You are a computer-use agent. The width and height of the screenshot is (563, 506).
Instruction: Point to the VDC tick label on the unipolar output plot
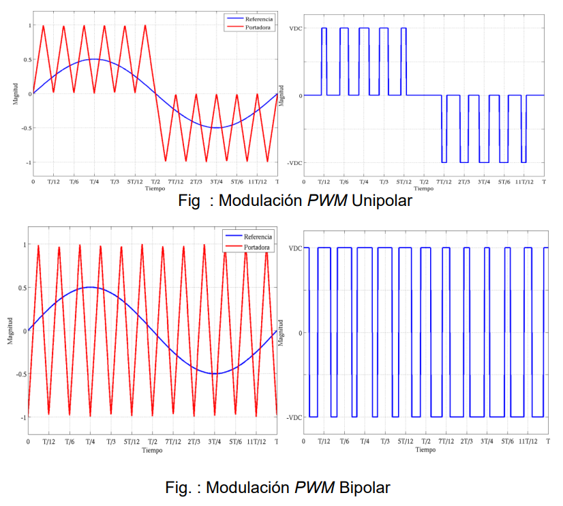click(x=296, y=28)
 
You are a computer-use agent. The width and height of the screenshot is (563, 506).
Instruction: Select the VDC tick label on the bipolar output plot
click(x=295, y=248)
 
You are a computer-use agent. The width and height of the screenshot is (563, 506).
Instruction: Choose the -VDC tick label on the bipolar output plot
click(x=294, y=417)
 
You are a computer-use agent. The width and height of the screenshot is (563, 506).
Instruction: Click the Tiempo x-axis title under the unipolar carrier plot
click(x=155, y=188)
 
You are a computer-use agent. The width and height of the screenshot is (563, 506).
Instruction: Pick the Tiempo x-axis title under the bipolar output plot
click(x=425, y=450)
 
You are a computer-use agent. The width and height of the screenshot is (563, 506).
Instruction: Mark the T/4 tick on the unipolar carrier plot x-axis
click(x=93, y=183)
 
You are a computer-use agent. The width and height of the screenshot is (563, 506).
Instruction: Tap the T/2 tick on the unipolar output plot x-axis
click(x=423, y=183)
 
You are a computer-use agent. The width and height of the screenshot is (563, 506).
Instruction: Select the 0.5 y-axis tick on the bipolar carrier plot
click(x=19, y=288)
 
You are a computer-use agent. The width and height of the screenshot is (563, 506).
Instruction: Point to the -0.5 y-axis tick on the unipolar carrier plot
click(x=25, y=128)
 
